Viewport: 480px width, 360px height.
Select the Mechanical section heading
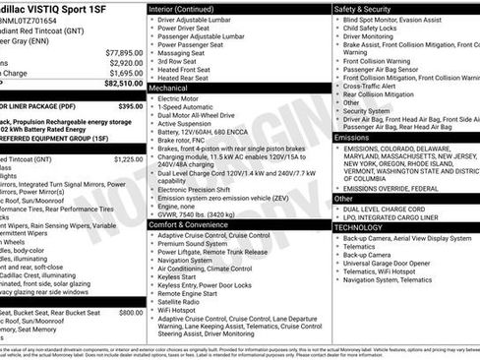pyautogui.click(x=175, y=89)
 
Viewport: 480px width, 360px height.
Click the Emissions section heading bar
pyautogui.click(x=353, y=138)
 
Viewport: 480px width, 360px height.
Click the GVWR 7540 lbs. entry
pyautogui.click(x=196, y=213)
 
